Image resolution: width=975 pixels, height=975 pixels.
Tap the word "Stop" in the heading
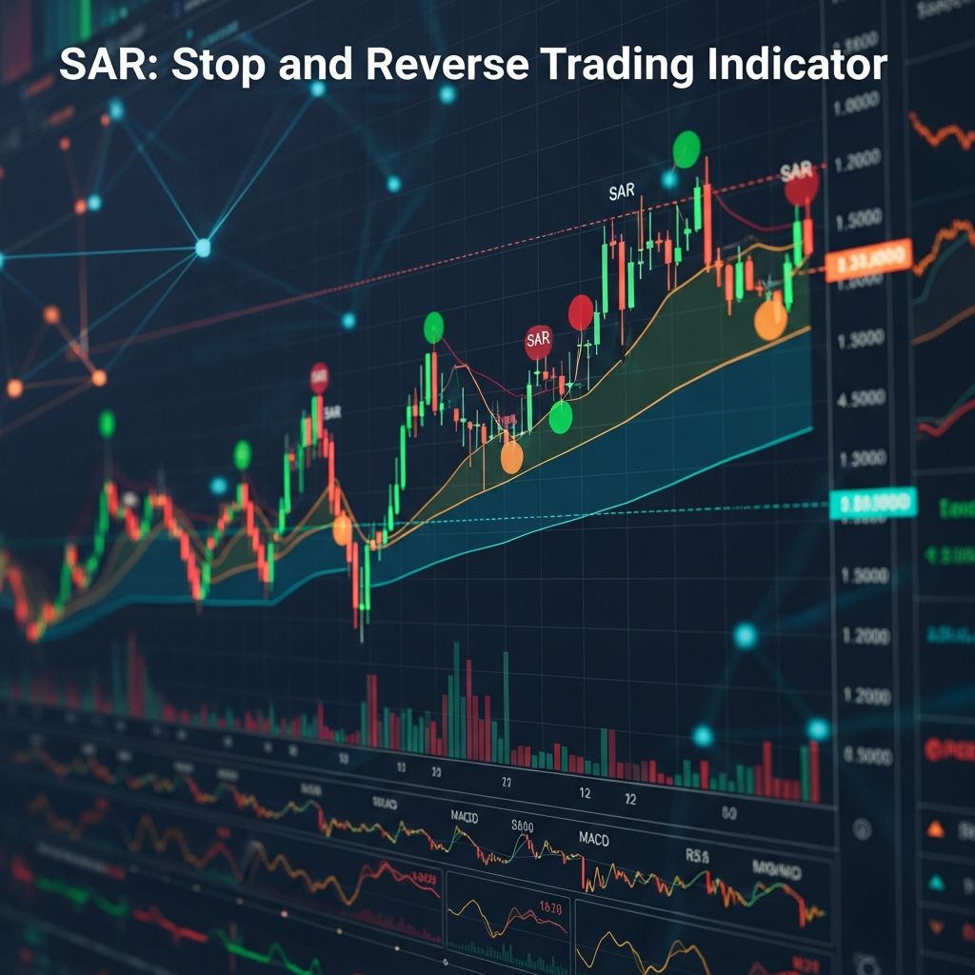[x=204, y=65]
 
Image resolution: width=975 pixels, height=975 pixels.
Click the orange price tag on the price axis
[x=868, y=259]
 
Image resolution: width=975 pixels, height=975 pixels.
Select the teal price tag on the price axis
[x=871, y=503]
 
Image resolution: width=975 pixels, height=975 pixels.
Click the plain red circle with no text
[x=581, y=312]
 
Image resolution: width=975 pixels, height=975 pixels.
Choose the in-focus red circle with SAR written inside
[x=538, y=341]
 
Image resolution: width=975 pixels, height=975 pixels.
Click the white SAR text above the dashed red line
[x=621, y=192]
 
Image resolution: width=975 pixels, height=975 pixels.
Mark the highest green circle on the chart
[x=686, y=149]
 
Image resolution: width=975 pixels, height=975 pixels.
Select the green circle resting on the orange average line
[x=561, y=417]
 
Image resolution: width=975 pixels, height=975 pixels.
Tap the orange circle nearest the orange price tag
[x=770, y=321]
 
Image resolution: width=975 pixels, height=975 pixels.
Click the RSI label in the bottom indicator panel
[x=697, y=856]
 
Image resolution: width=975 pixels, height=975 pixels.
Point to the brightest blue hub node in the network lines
[x=202, y=248]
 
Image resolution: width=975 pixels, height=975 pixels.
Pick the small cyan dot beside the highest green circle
[x=668, y=179]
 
